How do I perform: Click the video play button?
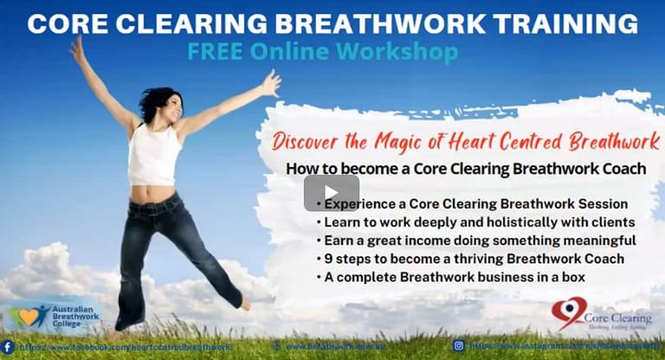click(x=332, y=193)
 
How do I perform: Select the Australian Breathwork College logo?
click(x=52, y=317)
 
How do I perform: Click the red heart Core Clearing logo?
click(x=569, y=312)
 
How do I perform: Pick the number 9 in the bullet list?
click(x=321, y=258)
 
